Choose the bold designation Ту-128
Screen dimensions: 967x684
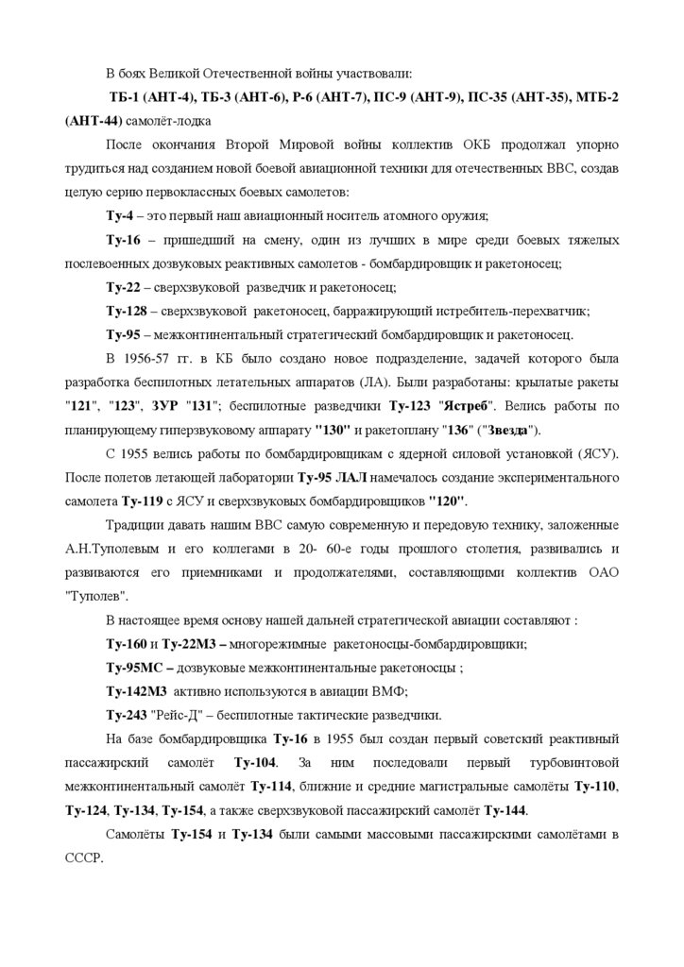(127, 310)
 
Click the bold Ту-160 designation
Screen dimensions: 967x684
(126, 645)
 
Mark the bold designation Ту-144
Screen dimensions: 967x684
(505, 808)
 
